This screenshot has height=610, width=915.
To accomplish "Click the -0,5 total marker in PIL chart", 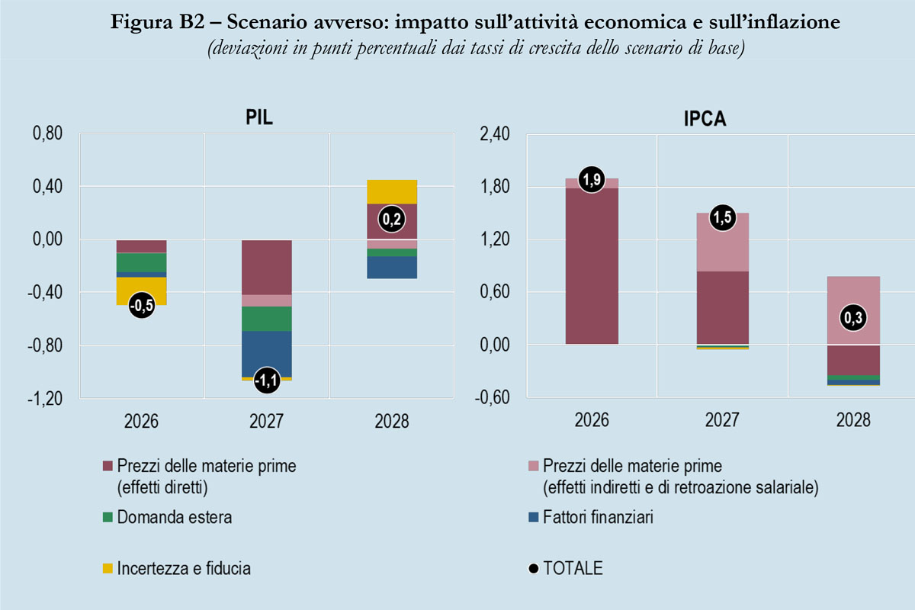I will point(142,306).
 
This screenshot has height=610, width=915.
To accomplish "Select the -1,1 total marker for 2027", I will point(266,380).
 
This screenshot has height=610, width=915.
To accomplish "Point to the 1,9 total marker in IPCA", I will point(592,179).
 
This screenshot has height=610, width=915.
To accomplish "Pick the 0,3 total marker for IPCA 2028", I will point(853,318).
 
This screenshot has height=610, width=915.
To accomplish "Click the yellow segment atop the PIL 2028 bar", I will point(393,191).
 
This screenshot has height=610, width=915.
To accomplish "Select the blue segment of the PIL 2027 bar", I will point(266,353).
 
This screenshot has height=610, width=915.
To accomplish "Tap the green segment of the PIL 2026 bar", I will point(141,262).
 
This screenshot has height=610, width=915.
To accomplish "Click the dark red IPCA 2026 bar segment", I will point(592,267).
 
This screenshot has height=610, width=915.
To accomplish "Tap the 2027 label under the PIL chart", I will point(266,421).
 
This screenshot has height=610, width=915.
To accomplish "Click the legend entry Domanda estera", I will point(174,518).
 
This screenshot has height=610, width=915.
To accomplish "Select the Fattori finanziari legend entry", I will point(597,518).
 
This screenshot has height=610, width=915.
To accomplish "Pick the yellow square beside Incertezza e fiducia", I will point(107,568).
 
